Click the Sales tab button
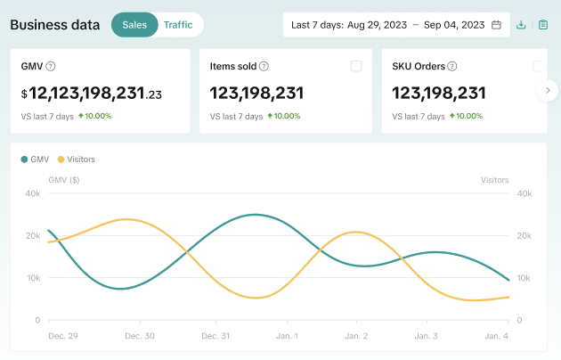[134, 25]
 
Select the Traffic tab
[178, 25]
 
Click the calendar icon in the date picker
[496, 25]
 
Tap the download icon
[521, 25]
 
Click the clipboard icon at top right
[543, 25]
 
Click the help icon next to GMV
[51, 66]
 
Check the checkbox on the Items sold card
[356, 66]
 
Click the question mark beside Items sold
[264, 66]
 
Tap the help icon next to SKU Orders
[452, 66]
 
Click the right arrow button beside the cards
[548, 91]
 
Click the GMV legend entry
[35, 160]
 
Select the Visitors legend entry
[77, 160]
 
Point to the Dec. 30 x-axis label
[140, 336]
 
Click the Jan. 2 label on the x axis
[356, 336]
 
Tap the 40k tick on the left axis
[33, 193]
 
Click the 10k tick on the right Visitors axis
[524, 278]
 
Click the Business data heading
[55, 25]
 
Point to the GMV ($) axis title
[64, 180]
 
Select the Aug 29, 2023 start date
[377, 25]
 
